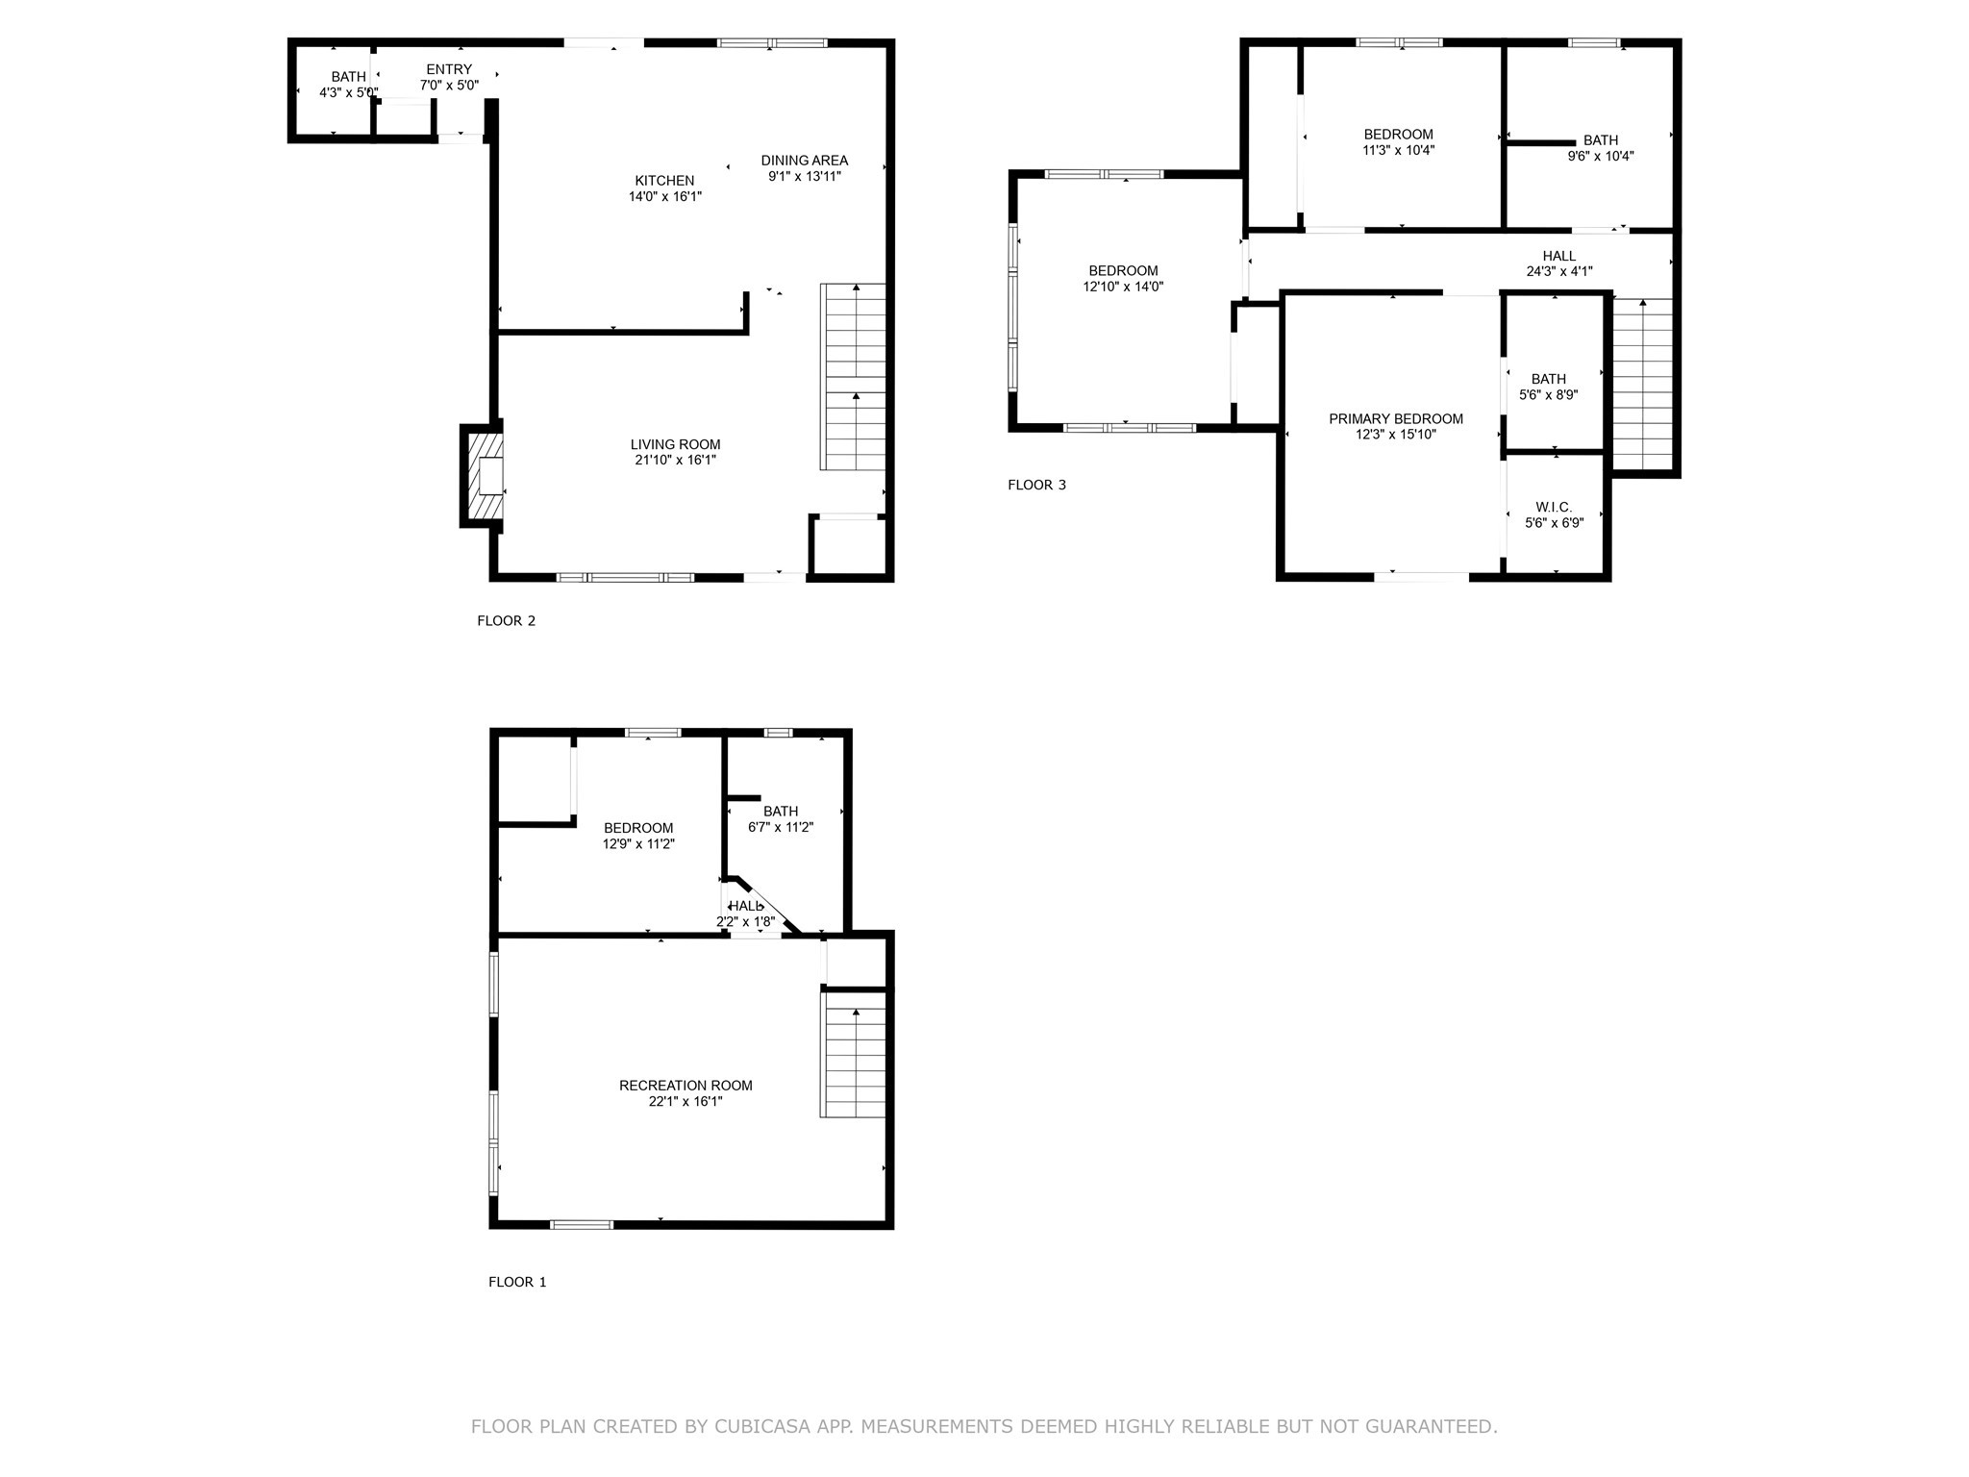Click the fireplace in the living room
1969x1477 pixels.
tap(486, 475)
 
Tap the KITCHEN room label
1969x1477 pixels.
tap(664, 181)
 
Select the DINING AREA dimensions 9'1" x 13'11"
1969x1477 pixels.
tap(805, 176)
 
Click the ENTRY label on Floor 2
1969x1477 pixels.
tap(449, 69)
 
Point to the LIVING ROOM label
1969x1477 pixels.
tap(675, 444)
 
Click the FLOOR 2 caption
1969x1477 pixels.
tap(506, 620)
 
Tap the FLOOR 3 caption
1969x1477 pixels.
tap(1036, 485)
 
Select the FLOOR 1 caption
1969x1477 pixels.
tap(517, 1282)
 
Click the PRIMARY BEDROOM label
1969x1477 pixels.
tap(1396, 418)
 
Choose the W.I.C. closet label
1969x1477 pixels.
tap(1554, 507)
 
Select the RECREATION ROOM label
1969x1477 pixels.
tap(685, 1086)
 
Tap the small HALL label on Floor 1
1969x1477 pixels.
tap(746, 906)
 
